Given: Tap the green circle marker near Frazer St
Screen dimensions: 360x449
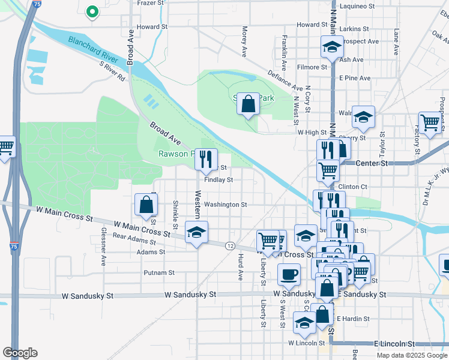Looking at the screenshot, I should [92, 11].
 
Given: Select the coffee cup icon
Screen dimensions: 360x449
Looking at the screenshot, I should [289, 275].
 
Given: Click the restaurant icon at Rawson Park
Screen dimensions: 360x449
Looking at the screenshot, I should [206, 159].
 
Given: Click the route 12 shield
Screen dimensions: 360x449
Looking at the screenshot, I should [230, 246].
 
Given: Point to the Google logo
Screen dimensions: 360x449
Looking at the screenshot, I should [20, 353].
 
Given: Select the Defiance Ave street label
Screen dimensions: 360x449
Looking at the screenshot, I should [285, 79].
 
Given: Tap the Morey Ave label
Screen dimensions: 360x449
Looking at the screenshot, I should [244, 41].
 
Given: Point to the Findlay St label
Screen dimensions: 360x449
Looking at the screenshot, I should [218, 179].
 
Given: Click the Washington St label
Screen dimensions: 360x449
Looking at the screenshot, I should [225, 205].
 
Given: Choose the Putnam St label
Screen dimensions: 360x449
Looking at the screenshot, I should [158, 272].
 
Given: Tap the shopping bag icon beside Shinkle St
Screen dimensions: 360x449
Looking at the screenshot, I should [146, 205].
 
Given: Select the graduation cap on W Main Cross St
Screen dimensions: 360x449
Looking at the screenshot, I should [196, 232].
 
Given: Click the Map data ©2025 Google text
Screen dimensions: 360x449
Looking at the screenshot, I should [411, 355].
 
